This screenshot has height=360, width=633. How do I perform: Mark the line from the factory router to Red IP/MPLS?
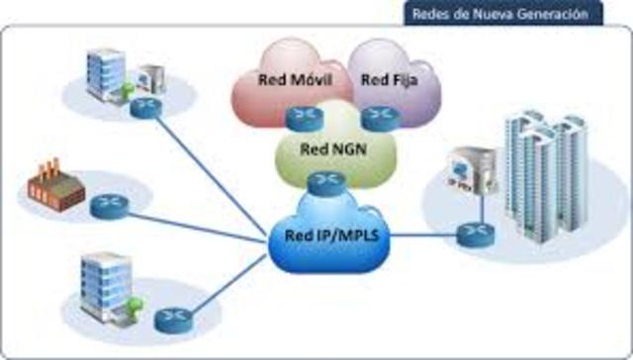pos(198,222)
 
